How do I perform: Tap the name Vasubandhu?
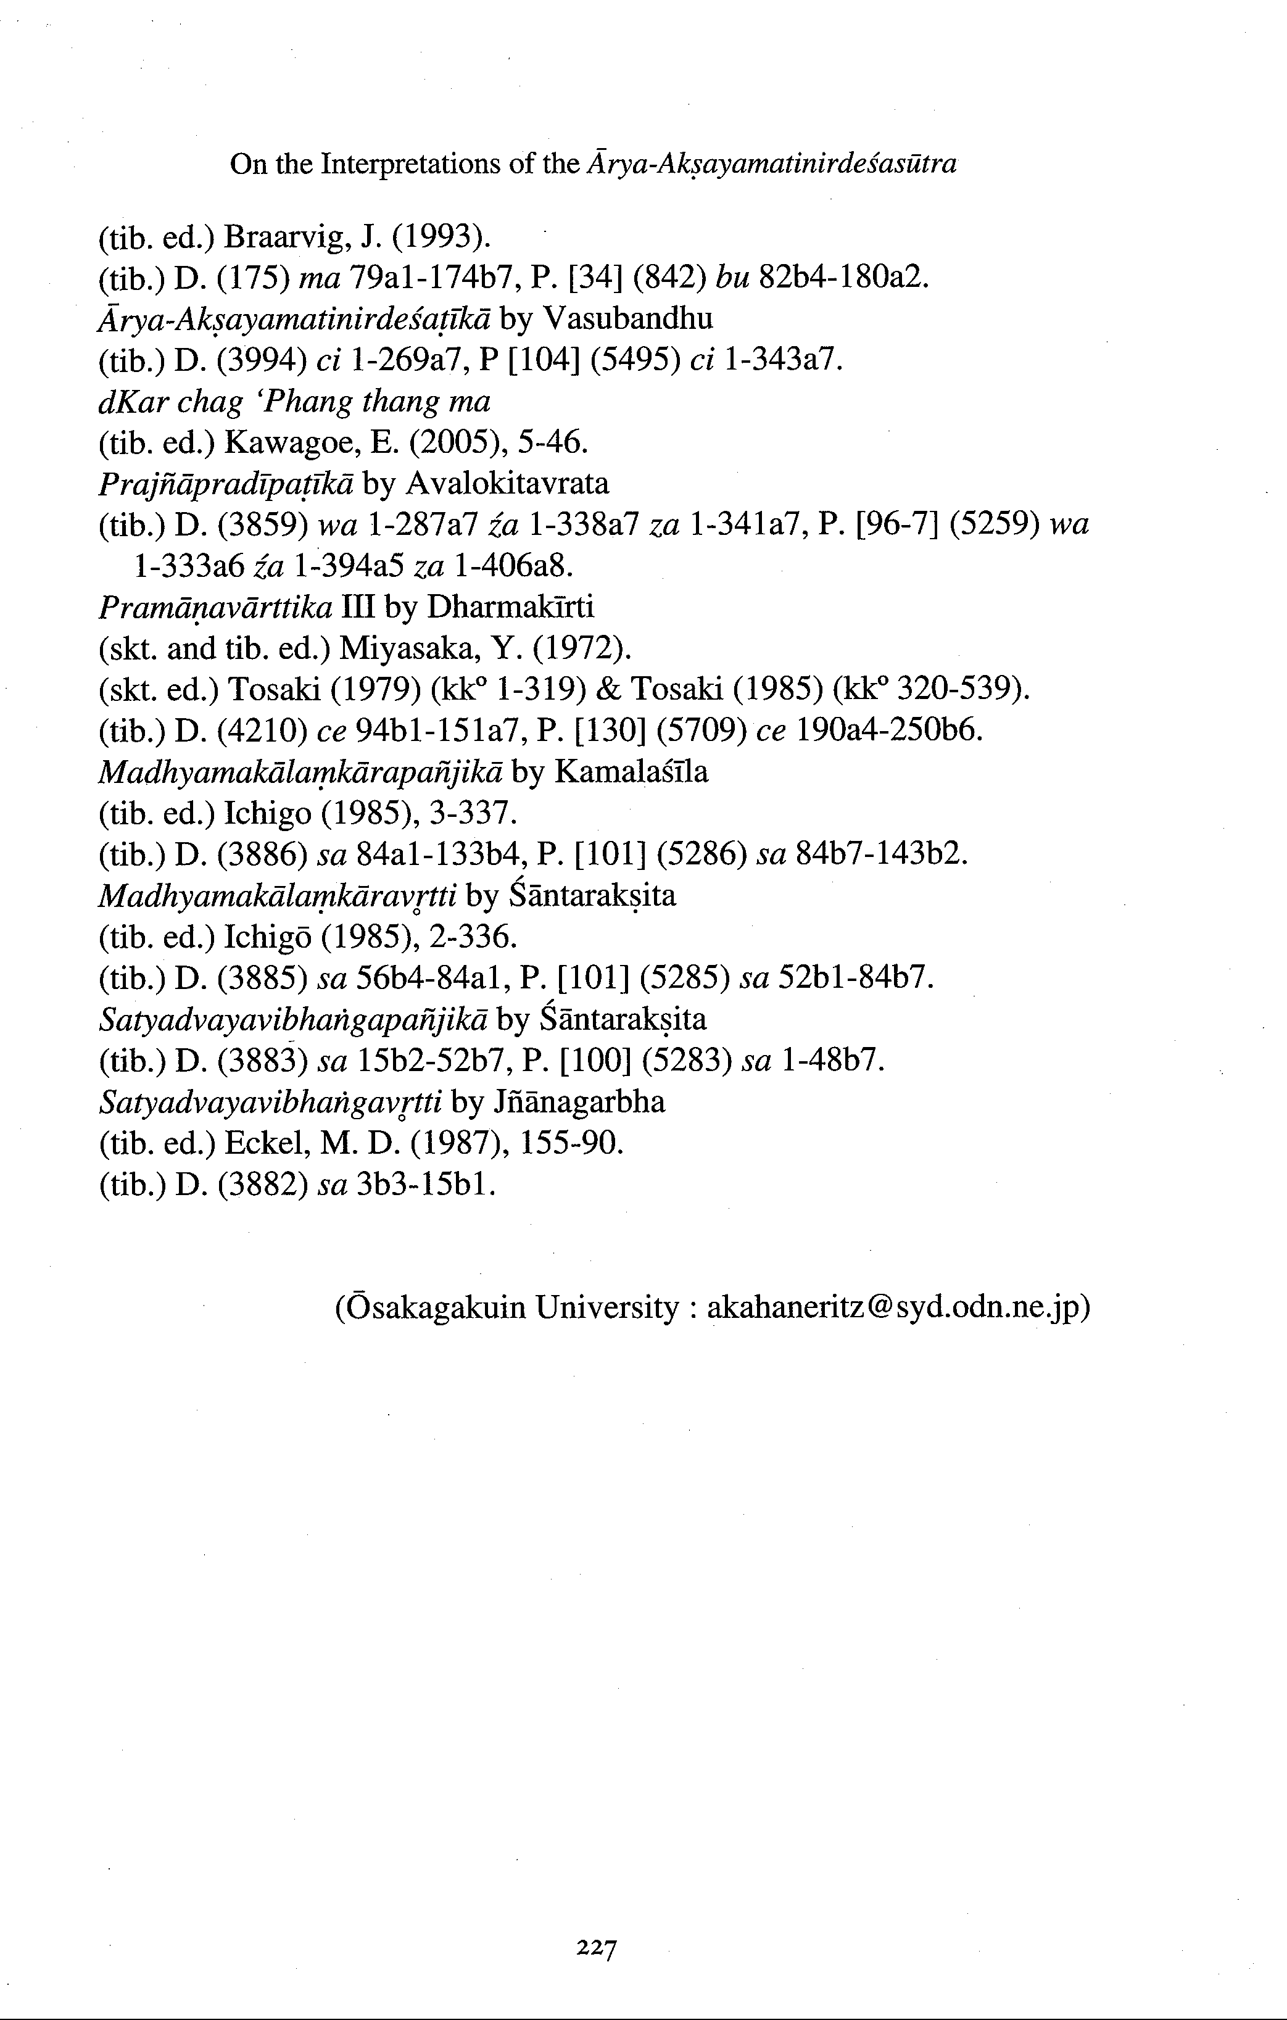(629, 319)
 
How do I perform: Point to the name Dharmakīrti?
(510, 606)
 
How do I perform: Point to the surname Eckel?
(270, 1143)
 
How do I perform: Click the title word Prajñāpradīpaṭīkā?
(226, 484)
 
